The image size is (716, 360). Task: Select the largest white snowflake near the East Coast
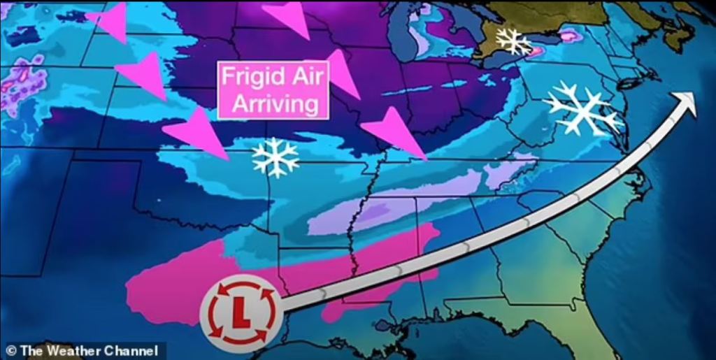point(582,108)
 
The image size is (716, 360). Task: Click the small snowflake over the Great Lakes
point(514,42)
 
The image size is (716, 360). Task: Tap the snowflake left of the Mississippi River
point(275,157)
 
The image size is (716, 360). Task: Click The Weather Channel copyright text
point(83,350)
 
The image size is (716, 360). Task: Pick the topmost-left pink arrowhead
point(110,22)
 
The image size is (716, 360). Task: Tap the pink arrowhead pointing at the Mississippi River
point(395,133)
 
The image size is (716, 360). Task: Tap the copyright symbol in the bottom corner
point(10,350)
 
